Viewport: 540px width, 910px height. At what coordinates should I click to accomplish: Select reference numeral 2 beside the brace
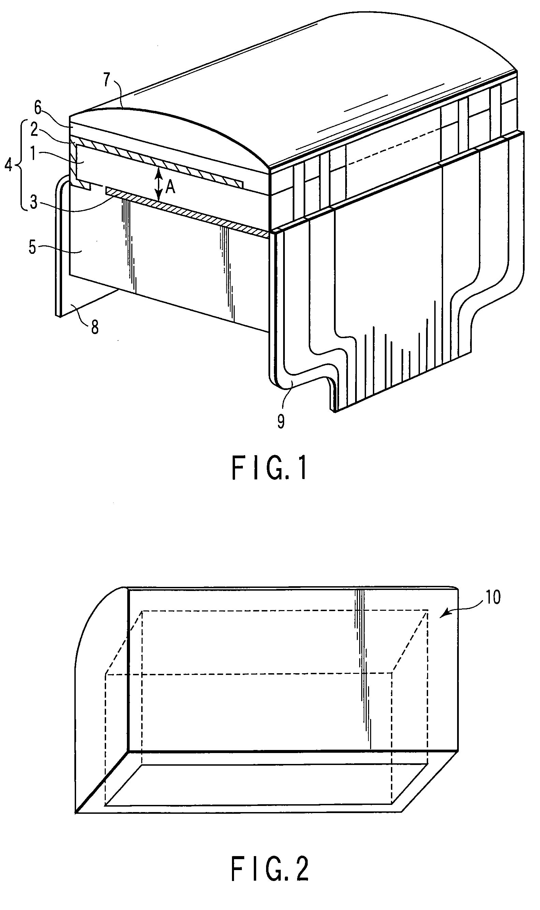coord(34,130)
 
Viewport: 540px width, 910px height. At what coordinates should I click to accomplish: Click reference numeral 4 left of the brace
coord(9,165)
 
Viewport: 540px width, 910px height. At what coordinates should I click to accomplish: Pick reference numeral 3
coord(33,203)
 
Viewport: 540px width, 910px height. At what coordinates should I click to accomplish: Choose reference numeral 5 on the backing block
coord(32,248)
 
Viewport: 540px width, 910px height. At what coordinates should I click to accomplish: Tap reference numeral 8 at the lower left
coord(94,328)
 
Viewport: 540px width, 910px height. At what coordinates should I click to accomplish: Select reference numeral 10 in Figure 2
coord(493,597)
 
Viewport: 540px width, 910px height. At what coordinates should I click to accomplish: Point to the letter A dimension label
coord(170,187)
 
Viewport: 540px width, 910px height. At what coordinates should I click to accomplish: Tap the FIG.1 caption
coord(269,469)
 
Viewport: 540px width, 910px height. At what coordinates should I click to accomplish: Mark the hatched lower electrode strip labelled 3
coord(189,210)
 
